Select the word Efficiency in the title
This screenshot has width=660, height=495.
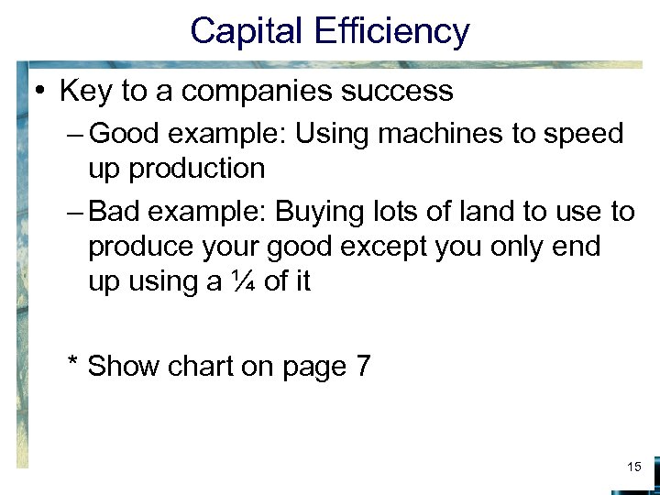pos(392,31)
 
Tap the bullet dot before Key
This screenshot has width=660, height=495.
pos(42,91)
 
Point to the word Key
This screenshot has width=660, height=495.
pos(84,91)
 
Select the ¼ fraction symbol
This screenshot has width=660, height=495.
pos(241,281)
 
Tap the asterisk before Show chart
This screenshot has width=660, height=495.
pos(72,364)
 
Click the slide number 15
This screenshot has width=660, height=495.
pos(633,467)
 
